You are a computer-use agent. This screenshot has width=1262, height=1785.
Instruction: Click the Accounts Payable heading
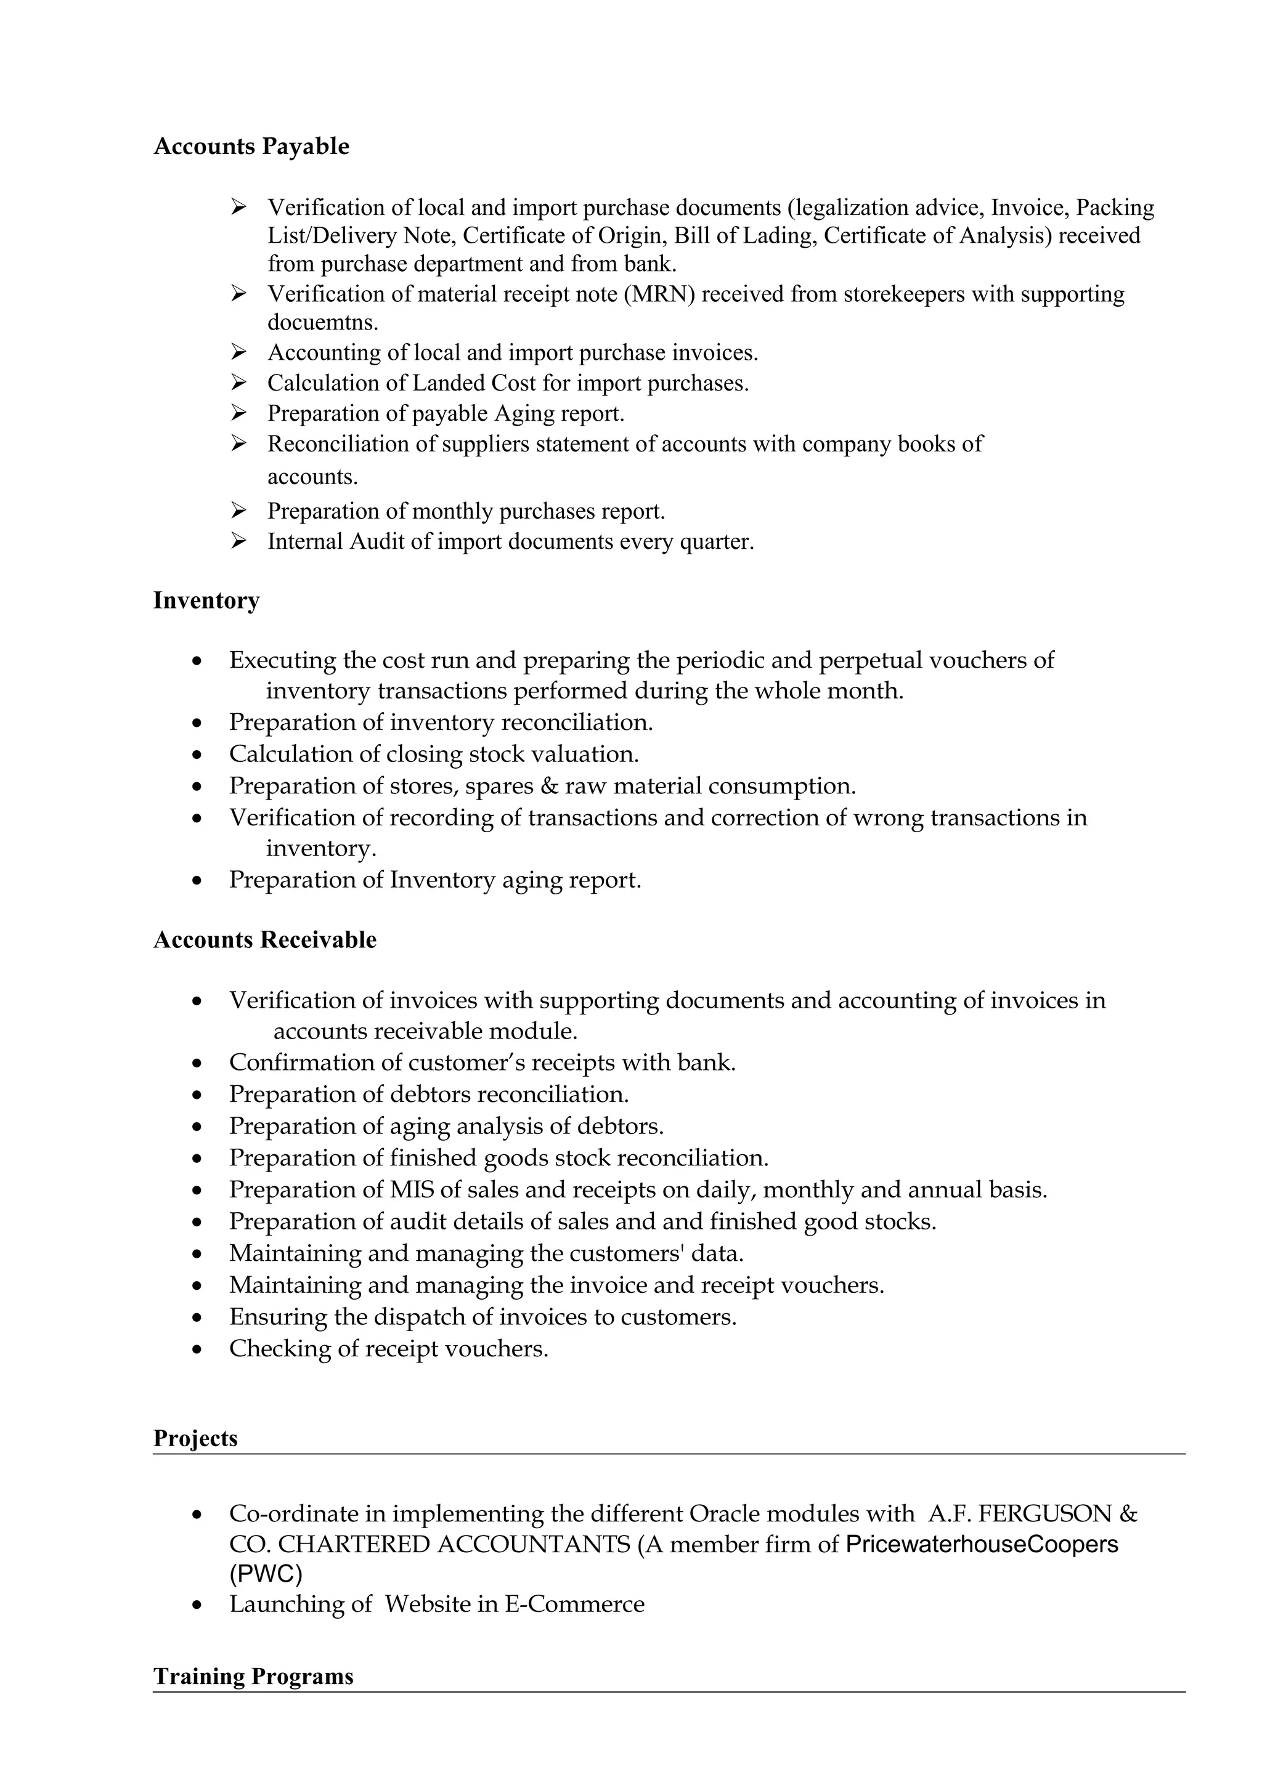(251, 146)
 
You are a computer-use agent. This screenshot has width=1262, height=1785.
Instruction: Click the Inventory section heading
(206, 600)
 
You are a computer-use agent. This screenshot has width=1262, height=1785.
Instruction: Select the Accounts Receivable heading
(264, 939)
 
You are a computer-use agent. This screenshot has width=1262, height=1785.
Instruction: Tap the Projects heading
(195, 1438)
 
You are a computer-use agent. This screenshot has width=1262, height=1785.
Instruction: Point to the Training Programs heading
(253, 1675)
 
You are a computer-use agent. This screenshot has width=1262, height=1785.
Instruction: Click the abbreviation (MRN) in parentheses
(659, 294)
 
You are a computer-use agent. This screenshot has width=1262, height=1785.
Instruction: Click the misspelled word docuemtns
(323, 322)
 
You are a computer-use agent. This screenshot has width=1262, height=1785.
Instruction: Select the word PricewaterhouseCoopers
(981, 1543)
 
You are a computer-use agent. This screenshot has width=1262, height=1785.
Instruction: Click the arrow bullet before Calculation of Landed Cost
(238, 382)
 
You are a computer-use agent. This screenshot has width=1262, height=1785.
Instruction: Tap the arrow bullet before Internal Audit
(238, 541)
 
